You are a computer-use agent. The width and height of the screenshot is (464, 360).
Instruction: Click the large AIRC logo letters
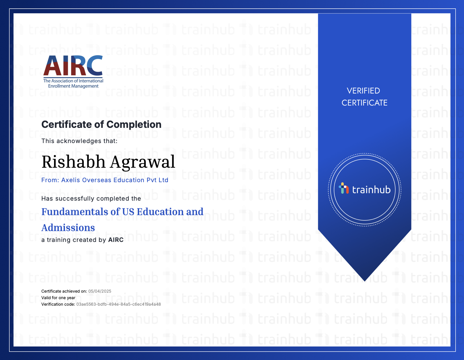tap(73, 65)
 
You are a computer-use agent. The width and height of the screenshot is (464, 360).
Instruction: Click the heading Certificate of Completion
tap(101, 125)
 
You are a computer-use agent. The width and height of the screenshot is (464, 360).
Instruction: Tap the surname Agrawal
tap(142, 163)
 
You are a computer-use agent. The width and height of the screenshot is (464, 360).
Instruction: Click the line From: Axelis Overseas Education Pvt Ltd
tap(105, 180)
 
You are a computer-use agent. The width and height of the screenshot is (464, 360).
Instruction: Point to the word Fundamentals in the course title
tap(75, 212)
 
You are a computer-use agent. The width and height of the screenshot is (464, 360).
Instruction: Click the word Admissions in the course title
tap(68, 227)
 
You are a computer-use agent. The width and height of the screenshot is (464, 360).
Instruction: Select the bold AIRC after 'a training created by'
tap(116, 240)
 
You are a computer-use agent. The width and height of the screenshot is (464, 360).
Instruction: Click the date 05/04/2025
tap(100, 291)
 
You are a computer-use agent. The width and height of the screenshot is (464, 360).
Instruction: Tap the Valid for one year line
tap(58, 298)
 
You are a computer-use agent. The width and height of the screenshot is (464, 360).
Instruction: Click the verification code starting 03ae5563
tap(119, 304)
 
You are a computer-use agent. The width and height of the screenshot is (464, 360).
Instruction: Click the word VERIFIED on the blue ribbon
tap(364, 91)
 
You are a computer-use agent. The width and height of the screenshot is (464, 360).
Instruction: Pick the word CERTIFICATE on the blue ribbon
tap(365, 103)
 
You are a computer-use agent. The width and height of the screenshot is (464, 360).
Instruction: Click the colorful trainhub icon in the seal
tap(344, 188)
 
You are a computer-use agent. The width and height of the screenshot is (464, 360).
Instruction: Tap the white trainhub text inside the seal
tap(371, 189)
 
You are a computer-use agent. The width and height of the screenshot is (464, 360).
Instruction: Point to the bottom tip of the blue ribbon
tap(365, 281)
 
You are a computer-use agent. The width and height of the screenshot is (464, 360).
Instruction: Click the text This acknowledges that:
tap(79, 141)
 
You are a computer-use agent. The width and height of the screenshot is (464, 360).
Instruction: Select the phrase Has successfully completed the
tap(91, 198)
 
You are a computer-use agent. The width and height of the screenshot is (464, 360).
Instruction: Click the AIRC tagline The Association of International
tap(73, 81)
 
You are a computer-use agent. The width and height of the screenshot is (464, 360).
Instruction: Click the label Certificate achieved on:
tap(64, 291)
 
